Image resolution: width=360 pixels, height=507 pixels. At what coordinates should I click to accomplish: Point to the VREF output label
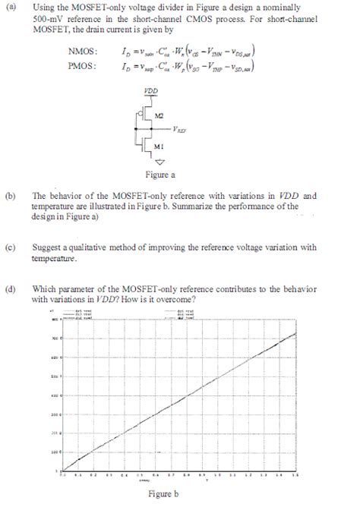coord(181,129)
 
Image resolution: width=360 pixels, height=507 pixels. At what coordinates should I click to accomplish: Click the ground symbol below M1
coord(159,162)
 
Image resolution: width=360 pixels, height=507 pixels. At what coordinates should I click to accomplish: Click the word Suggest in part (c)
coord(46,247)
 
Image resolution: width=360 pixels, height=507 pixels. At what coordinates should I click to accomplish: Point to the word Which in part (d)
coord(44,289)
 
